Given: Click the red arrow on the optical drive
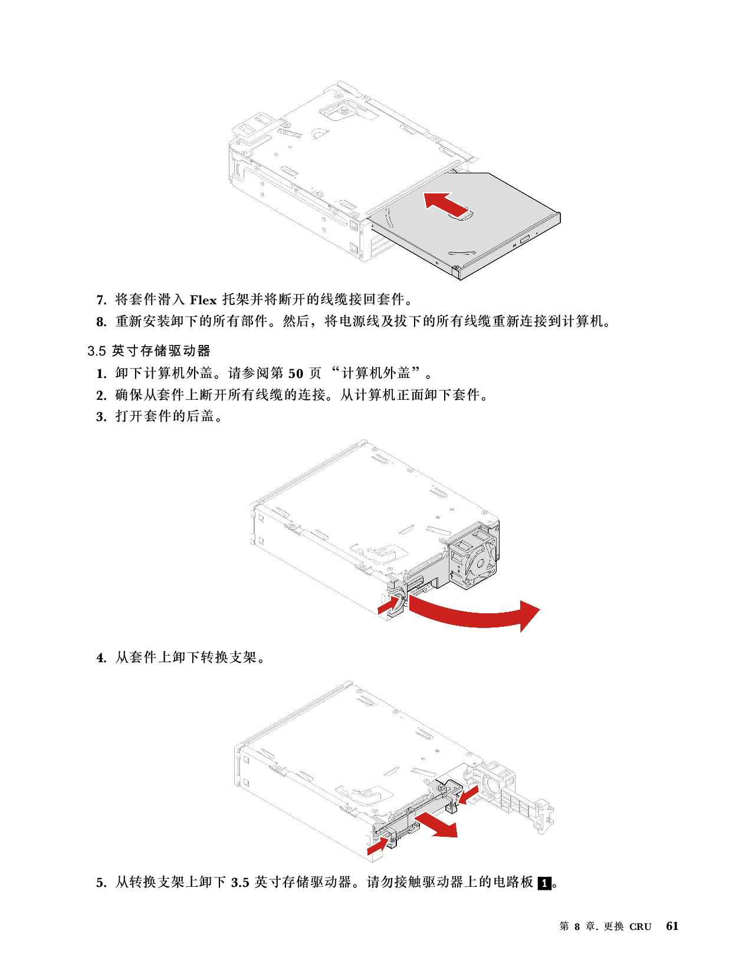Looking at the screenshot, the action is coord(446,205).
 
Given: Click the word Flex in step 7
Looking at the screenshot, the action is coord(203,300).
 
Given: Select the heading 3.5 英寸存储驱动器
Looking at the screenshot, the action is coord(149,351).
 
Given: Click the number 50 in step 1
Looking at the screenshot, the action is coord(296,373).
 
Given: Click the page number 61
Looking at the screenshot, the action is coord(672,926).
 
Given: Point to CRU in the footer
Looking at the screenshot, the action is coord(640,926).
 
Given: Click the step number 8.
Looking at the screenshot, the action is coord(101,322).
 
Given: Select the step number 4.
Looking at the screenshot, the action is coord(101,658).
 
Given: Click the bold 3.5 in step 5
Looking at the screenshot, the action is coord(240,883).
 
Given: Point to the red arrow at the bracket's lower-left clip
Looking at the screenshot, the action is coord(377,846).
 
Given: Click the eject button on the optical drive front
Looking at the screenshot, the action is coord(524,237).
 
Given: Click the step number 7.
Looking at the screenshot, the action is coord(101,300).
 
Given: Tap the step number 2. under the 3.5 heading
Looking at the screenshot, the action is coord(101,395).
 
